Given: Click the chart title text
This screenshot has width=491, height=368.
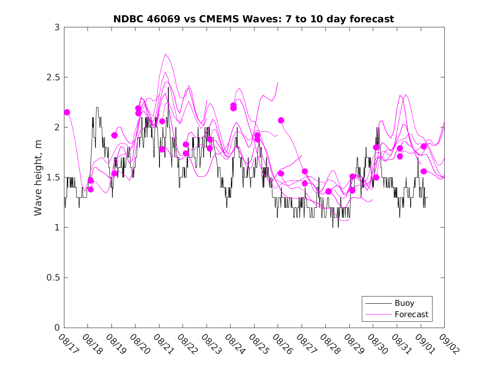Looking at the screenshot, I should [x=254, y=19].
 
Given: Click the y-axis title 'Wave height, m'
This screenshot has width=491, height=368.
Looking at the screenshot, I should [x=38, y=177].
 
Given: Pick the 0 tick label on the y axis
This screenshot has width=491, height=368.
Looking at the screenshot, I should [x=57, y=328].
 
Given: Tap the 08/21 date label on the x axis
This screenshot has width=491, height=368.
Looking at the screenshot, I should [x=162, y=344].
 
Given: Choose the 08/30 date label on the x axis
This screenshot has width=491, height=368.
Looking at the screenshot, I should [x=376, y=344].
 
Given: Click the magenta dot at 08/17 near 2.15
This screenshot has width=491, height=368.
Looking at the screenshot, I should [x=67, y=112].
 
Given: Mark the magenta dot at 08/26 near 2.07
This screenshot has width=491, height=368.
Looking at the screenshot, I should [x=281, y=120].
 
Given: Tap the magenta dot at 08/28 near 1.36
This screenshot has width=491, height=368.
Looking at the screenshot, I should [x=329, y=191].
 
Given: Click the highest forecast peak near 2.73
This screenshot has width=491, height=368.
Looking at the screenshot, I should [x=165, y=54].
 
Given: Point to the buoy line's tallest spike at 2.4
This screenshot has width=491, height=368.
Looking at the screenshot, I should [x=168, y=87].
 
